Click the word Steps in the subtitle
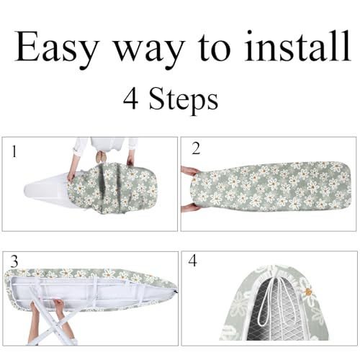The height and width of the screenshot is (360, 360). [184, 99]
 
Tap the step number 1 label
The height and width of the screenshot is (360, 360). [14, 152]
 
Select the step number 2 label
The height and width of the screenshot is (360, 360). [195, 149]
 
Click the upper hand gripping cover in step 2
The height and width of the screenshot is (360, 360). [190, 172]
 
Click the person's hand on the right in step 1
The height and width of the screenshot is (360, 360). [132, 161]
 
